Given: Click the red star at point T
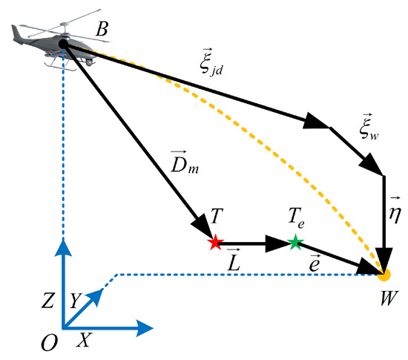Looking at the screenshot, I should coord(215,242).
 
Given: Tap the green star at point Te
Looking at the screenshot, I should coord(295,241).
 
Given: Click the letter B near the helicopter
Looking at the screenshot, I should coord(103,30).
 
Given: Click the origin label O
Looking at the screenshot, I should coord(50,341).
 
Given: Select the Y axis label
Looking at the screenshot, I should coord(74,301).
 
